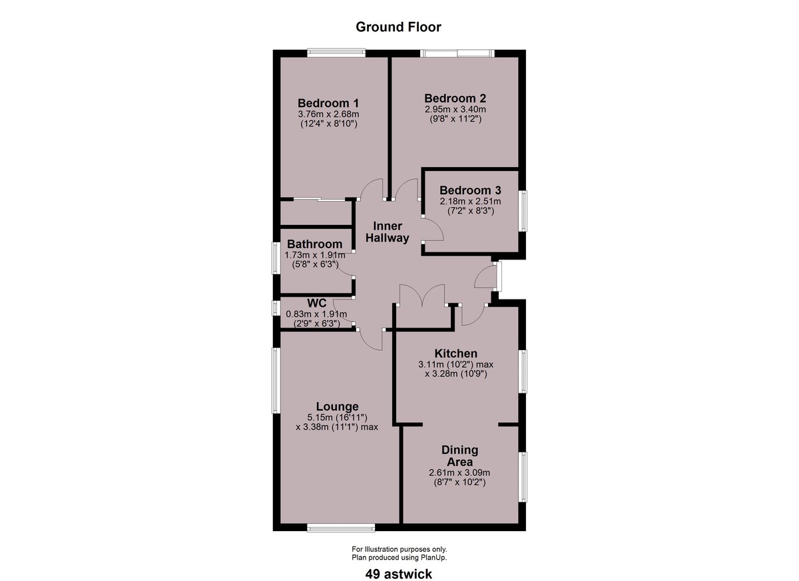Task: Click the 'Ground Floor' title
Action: pos(398,27)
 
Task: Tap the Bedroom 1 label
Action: pos(328,103)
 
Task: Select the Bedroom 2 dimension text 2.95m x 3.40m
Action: pos(455,109)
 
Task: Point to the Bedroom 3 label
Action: pos(470,190)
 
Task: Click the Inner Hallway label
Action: pos(388,232)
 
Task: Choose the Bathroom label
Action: pos(314,244)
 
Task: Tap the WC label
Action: pos(317,303)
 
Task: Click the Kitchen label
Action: pos(456,353)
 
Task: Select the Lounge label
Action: pos(337,407)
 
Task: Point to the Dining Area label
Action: pos(460,455)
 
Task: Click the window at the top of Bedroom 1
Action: pos(336,53)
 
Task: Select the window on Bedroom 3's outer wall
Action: pos(523,211)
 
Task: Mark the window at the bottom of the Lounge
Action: pos(341,528)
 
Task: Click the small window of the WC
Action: pos(276,308)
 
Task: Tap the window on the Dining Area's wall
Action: pos(523,477)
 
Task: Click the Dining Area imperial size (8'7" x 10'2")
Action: pos(459,483)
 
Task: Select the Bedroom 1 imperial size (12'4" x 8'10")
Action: pos(328,124)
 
